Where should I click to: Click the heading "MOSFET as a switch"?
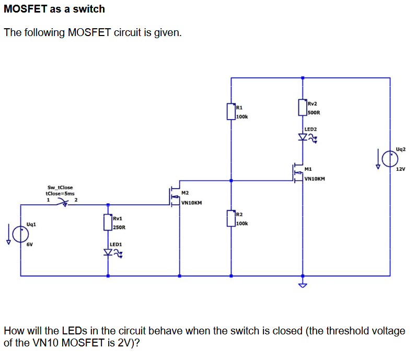54,9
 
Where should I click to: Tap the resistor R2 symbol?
231,218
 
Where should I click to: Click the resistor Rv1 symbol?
108,222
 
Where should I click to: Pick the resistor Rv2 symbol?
303,107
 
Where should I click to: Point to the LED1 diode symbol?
109,253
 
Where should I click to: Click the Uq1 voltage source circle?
21,233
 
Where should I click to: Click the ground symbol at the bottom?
303,285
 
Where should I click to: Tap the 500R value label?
314,112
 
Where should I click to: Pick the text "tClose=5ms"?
60,193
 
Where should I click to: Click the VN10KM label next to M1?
315,178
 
